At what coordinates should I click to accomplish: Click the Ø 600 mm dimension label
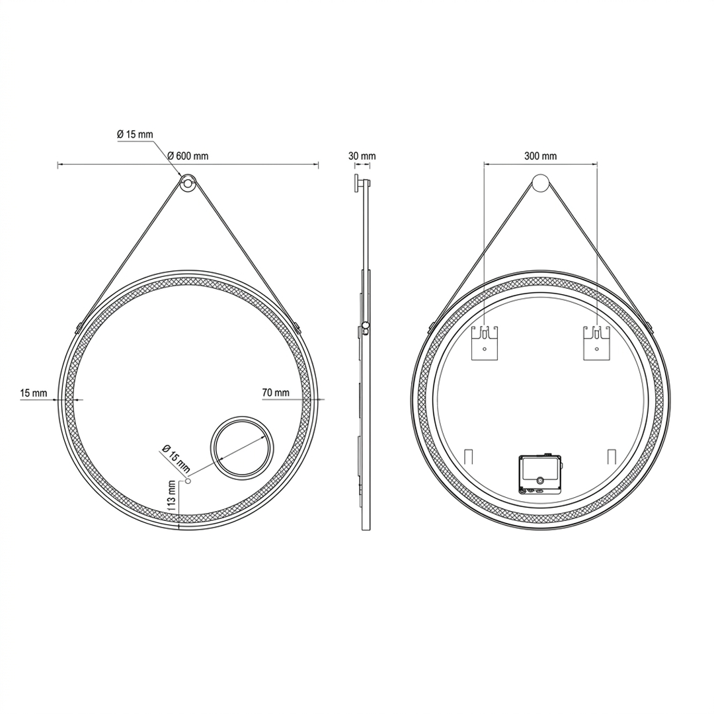pyautogui.click(x=188, y=156)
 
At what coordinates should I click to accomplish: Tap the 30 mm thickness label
pyautogui.click(x=362, y=156)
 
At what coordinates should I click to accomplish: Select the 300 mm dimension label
pyautogui.click(x=540, y=156)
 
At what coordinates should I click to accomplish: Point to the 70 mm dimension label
pyautogui.click(x=276, y=392)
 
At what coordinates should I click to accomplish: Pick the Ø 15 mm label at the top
pyautogui.click(x=135, y=134)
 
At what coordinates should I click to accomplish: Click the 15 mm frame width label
pyautogui.click(x=33, y=393)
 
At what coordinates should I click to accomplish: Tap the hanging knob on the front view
pyautogui.click(x=188, y=184)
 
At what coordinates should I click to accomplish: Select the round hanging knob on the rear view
pyautogui.click(x=541, y=183)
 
